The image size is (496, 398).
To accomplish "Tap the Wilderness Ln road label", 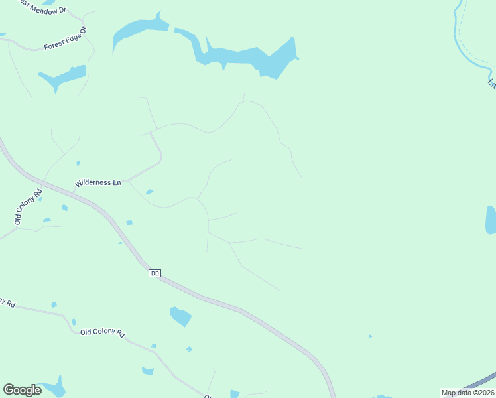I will tap(98, 182).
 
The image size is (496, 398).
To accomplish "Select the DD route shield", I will tap(155, 273).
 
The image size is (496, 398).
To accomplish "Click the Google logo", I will tap(22, 390).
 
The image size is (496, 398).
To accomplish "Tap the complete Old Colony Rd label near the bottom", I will tap(103, 332).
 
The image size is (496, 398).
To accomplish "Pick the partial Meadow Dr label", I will tap(44, 7).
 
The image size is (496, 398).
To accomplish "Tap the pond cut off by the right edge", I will tap(491, 220).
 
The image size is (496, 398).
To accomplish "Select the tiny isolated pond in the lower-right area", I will tap(370, 336).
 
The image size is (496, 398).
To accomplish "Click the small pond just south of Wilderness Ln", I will tap(149, 192).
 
